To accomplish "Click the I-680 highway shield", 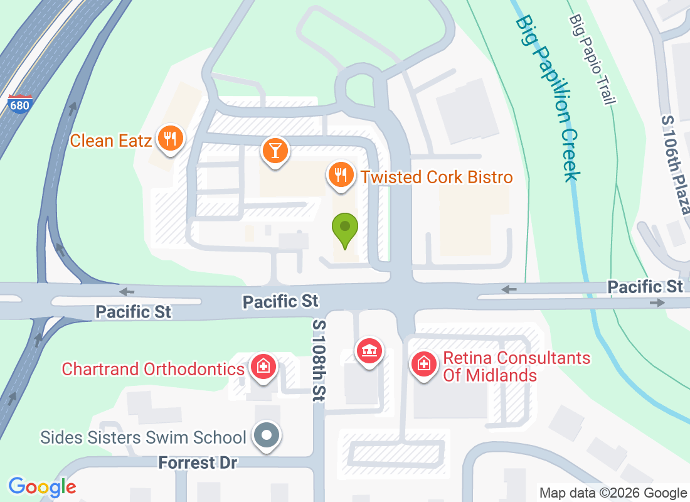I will [x=19, y=104].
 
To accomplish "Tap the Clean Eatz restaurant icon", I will [x=170, y=138].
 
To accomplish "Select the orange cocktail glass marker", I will [x=274, y=151].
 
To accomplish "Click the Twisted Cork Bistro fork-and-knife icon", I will [x=341, y=175].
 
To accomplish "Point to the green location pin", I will [x=344, y=230].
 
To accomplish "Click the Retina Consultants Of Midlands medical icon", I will [x=424, y=363].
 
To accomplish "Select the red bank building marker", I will [x=369, y=351].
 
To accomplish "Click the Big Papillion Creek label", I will [x=545, y=97].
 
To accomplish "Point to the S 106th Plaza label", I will [x=676, y=163].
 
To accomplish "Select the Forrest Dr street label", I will [x=197, y=463].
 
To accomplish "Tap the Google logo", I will [x=42, y=487].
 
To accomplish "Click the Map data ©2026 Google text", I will [x=613, y=493].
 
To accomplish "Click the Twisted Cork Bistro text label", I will [x=436, y=177].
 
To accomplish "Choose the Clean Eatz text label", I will [x=110, y=140].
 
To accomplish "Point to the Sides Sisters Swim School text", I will [x=143, y=437].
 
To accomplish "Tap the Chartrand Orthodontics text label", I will [x=152, y=368].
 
